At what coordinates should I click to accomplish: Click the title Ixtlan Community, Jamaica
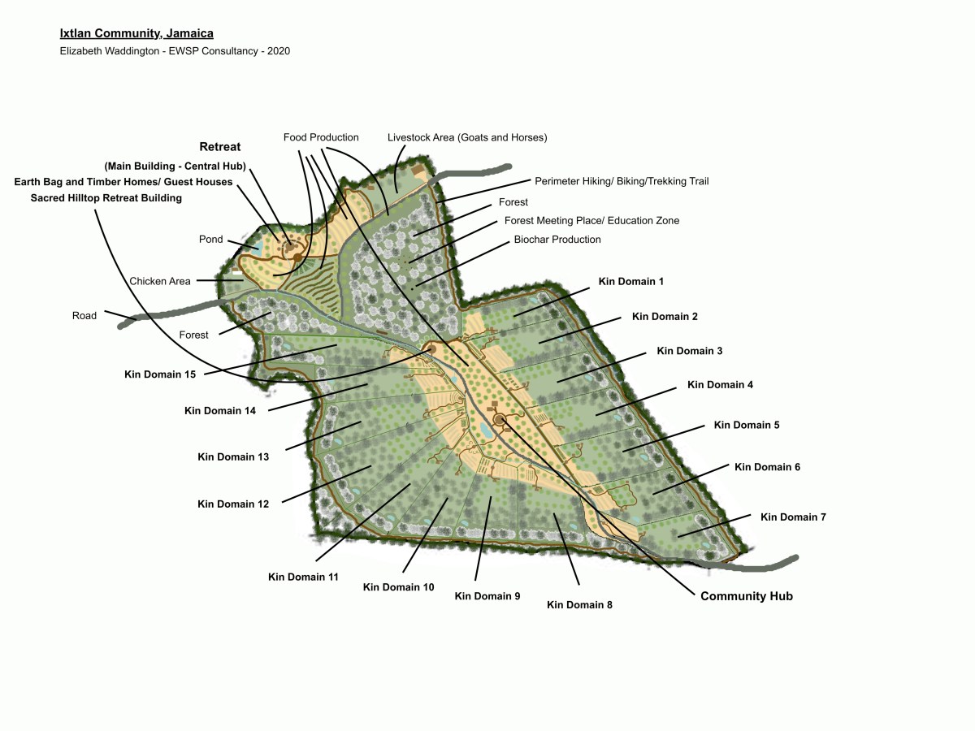pyautogui.click(x=136, y=33)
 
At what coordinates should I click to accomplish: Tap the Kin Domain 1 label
pyautogui.click(x=631, y=282)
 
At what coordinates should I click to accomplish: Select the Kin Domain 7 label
pyautogui.click(x=793, y=517)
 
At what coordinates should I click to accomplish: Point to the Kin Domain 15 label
pyautogui.click(x=160, y=374)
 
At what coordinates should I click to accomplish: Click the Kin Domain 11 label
pyautogui.click(x=303, y=577)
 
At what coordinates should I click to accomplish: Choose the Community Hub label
pyautogui.click(x=746, y=596)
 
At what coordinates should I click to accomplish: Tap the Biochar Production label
pyautogui.click(x=557, y=240)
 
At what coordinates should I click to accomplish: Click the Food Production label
pyautogui.click(x=321, y=137)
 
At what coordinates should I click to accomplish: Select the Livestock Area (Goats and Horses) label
pyautogui.click(x=467, y=137)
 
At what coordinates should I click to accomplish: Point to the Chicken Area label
pyautogui.click(x=160, y=281)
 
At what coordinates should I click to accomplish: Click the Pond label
pyautogui.click(x=210, y=240)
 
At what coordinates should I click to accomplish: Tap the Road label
pyautogui.click(x=84, y=316)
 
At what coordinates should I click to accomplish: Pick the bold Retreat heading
pyautogui.click(x=220, y=147)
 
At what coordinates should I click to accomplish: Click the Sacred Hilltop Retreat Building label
pyautogui.click(x=106, y=197)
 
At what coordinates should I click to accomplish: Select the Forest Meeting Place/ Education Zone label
pyautogui.click(x=591, y=220)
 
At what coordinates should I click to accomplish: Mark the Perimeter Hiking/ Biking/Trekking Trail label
pyautogui.click(x=622, y=181)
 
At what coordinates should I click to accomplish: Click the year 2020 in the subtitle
pyautogui.click(x=278, y=50)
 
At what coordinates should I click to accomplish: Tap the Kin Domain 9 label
pyautogui.click(x=487, y=596)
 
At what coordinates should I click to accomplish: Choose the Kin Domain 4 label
pyautogui.click(x=720, y=384)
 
